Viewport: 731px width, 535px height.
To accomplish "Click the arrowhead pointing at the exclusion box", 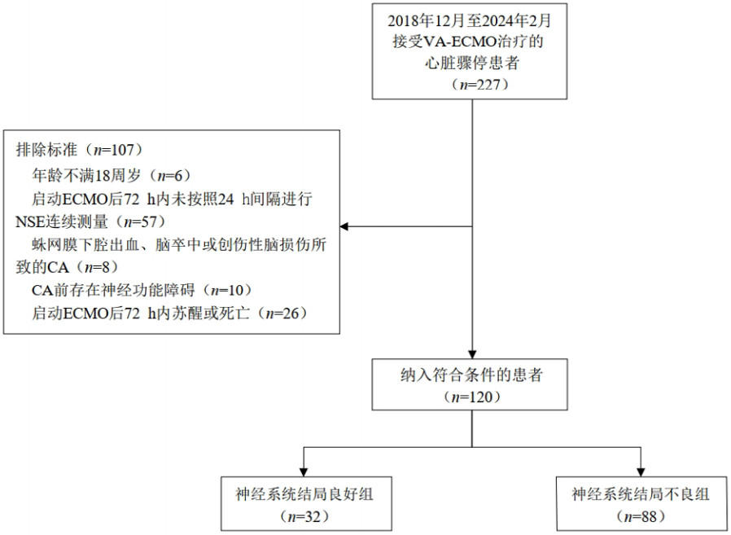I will click(x=344, y=226).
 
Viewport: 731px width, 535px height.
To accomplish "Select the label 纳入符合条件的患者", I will click(x=473, y=378).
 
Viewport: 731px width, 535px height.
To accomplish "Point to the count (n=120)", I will click(x=473, y=397).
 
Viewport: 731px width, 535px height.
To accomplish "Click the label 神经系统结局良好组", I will click(x=302, y=493).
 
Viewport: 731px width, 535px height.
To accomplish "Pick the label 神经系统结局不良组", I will click(x=641, y=493).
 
